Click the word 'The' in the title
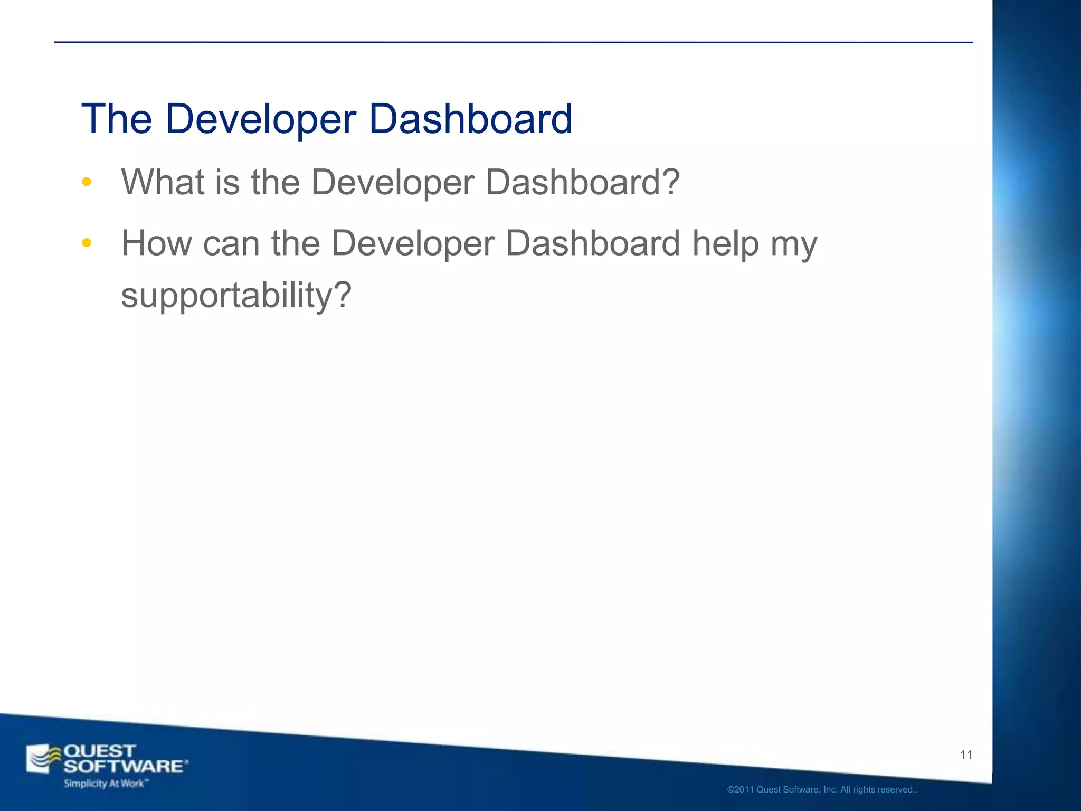click(x=117, y=119)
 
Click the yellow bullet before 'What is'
click(x=87, y=183)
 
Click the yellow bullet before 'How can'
click(x=87, y=243)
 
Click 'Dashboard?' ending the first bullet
click(x=582, y=182)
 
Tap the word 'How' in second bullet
click(x=156, y=243)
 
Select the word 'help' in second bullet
click(x=725, y=243)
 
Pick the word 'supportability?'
click(x=236, y=296)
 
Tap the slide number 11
click(x=966, y=755)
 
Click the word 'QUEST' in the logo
click(x=99, y=751)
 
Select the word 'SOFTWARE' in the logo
click(x=124, y=766)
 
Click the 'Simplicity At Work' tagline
click(x=105, y=783)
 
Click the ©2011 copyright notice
click(x=822, y=790)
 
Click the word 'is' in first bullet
click(x=226, y=182)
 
